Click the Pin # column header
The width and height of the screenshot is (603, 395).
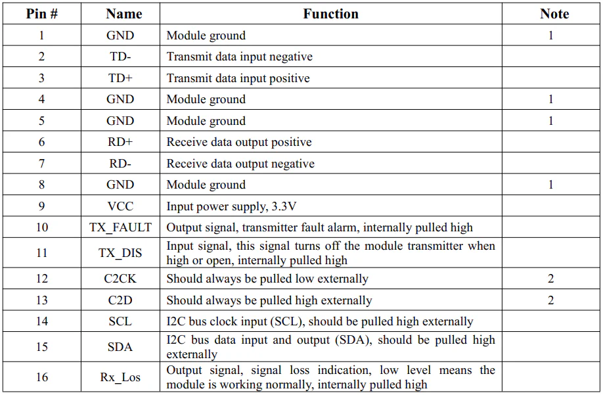41,14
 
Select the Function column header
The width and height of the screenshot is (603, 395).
330,14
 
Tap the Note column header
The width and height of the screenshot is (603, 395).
554,14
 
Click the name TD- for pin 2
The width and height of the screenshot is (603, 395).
120,57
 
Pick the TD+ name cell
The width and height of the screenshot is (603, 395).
120,78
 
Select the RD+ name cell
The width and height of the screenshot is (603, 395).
120,142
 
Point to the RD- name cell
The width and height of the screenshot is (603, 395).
120,164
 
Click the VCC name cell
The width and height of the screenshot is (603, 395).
120,206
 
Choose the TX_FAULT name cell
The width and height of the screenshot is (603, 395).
120,227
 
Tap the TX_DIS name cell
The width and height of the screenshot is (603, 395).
120,252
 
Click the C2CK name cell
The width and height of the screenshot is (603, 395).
120,279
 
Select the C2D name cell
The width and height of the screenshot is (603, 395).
120,300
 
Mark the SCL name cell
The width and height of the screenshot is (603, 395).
120,321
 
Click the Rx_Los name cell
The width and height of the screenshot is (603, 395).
120,377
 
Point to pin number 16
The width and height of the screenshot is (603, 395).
42,377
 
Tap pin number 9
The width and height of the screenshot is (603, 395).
41,206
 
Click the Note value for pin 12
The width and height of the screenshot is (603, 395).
550,279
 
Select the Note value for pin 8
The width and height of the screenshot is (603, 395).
550,185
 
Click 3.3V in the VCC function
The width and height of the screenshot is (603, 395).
284,206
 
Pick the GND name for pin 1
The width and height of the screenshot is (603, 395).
120,35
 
